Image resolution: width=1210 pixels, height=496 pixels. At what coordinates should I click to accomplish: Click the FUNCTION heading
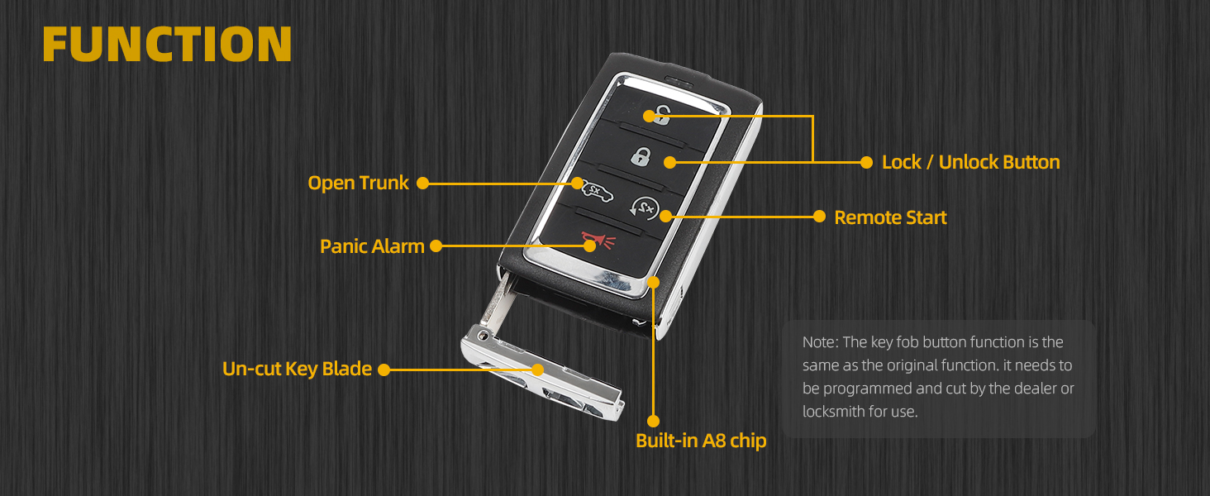(x=167, y=44)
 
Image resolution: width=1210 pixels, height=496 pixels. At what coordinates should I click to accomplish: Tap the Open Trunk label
(x=358, y=183)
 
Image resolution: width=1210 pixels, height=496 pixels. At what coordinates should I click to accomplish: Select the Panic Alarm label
(x=372, y=246)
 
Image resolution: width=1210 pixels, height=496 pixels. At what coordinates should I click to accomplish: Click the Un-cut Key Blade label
(x=297, y=369)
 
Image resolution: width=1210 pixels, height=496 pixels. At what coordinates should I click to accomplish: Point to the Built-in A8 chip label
(x=701, y=441)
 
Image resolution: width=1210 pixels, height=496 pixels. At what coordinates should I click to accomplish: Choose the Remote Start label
(x=890, y=217)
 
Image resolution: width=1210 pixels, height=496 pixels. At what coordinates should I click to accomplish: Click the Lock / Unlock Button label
(x=970, y=162)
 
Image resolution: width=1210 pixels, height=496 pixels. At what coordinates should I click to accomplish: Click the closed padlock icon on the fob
(x=641, y=155)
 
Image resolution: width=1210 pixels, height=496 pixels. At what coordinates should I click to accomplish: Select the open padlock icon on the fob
(x=660, y=116)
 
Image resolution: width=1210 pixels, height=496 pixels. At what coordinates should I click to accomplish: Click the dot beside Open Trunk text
(x=422, y=183)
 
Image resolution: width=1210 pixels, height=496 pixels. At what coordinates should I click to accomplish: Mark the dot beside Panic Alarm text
(x=436, y=246)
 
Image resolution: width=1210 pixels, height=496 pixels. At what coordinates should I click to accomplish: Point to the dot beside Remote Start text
(x=819, y=217)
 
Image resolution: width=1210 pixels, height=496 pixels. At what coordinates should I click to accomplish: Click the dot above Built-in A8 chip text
(x=654, y=420)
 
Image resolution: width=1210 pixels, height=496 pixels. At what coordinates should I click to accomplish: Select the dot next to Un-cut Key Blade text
(x=383, y=370)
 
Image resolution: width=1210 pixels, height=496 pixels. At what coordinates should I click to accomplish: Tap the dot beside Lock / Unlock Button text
(x=866, y=162)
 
